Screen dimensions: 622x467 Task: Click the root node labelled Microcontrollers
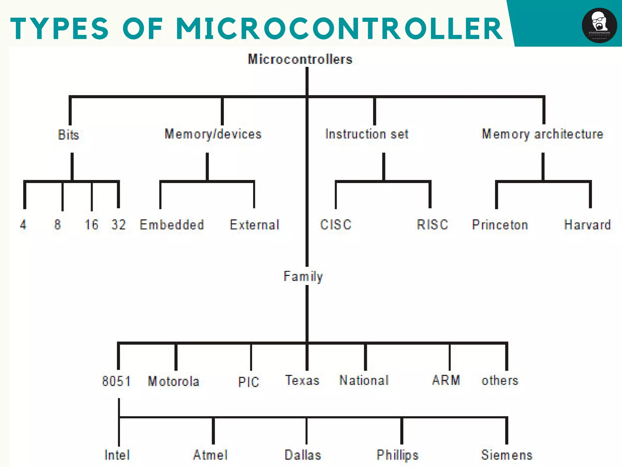[300, 59]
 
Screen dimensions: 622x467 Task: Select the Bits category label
[68, 135]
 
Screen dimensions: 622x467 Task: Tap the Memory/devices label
[213, 134]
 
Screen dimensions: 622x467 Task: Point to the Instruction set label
[367, 134]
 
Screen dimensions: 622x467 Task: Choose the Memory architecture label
[542, 134]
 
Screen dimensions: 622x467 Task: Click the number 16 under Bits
[91, 225]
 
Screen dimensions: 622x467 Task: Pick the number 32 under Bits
[118, 225]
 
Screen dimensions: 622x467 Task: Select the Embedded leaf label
[172, 225]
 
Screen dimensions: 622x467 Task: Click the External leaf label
[255, 225]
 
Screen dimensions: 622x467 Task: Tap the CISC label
[336, 225]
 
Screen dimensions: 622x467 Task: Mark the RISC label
[432, 225]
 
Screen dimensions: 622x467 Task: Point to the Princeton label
[500, 225]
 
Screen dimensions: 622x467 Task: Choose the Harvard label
[587, 225]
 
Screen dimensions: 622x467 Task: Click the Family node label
[303, 276]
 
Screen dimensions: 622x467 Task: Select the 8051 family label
[116, 381]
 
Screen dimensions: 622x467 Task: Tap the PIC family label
[248, 382]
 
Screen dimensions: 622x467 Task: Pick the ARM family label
[446, 380]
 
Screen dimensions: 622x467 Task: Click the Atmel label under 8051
[210, 455]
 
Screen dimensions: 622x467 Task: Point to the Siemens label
[507, 455]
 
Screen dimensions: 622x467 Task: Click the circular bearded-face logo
[599, 26]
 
